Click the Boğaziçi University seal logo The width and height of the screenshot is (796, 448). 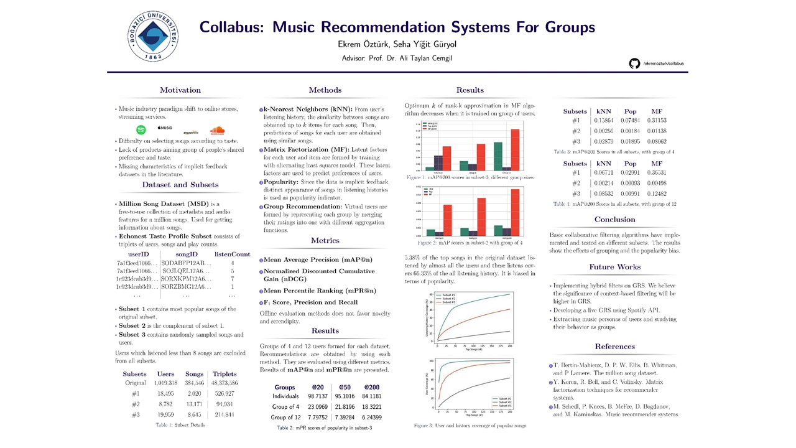tap(153, 35)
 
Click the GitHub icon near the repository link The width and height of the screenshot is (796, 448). tap(634, 63)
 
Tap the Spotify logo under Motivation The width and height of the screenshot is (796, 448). tap(141, 130)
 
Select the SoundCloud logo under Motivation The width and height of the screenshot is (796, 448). tap(217, 130)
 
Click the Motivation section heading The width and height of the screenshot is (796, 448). tap(180, 90)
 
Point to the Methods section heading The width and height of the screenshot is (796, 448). tap(325, 90)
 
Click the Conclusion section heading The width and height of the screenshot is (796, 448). tap(614, 220)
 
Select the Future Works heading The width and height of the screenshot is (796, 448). tap(614, 267)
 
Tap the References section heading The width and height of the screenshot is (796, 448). tap(614, 347)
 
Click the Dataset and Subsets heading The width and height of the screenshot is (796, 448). tap(180, 185)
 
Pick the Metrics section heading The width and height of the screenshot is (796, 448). tap(325, 241)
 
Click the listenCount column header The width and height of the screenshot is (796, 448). tap(232, 254)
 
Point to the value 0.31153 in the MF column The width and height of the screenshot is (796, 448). tap(653, 121)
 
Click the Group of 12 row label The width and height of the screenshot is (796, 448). tap(285, 418)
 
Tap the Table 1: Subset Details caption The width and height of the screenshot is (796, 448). tap(180, 425)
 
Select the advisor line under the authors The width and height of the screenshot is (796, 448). tap(397, 58)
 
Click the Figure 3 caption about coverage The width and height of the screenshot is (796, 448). tap(470, 426)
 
